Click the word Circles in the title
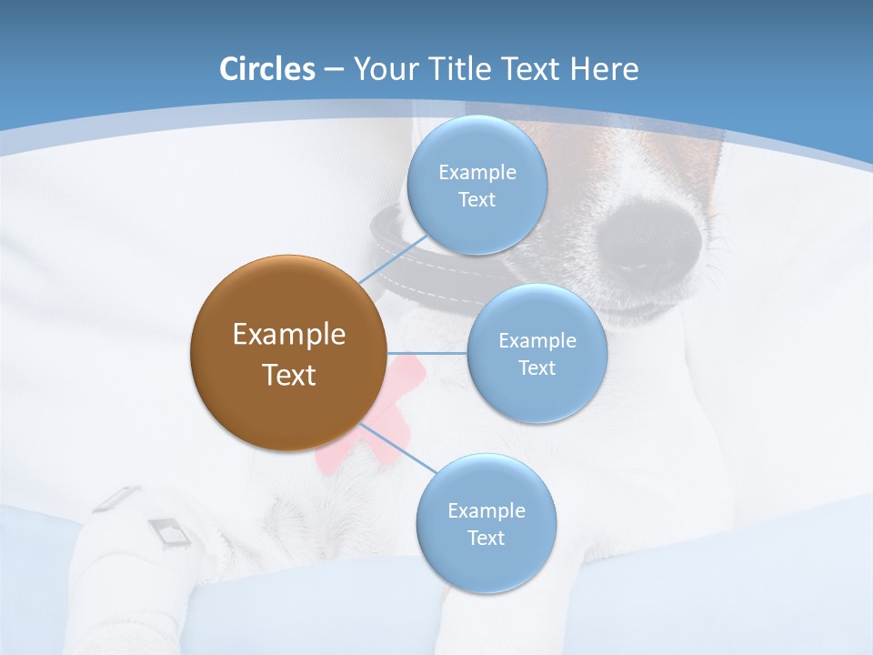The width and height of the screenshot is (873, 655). coord(267,69)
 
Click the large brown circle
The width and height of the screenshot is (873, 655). coord(288,353)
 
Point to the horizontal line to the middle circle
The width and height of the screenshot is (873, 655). coord(426,353)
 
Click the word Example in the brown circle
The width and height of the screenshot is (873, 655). coord(288,334)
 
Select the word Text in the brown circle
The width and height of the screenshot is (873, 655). coord(288,375)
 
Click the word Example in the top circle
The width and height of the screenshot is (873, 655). coord(477,172)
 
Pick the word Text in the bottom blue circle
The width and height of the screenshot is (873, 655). coord(486,538)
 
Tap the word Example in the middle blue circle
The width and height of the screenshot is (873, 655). coord(537,340)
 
